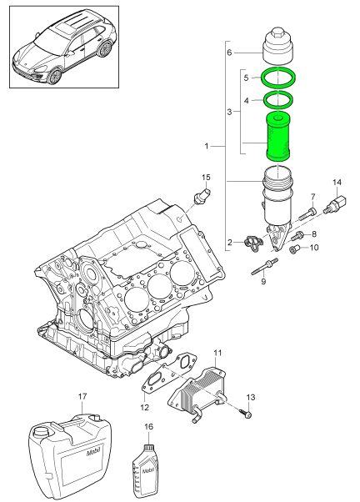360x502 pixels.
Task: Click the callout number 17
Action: (x=82, y=396)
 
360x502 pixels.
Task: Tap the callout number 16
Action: (x=148, y=427)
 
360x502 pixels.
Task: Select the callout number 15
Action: (x=206, y=177)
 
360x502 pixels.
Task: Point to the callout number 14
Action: (x=337, y=182)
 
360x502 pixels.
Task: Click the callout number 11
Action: (x=217, y=354)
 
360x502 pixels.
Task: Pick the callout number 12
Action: (x=144, y=408)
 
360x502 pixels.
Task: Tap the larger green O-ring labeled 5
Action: (x=277, y=78)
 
